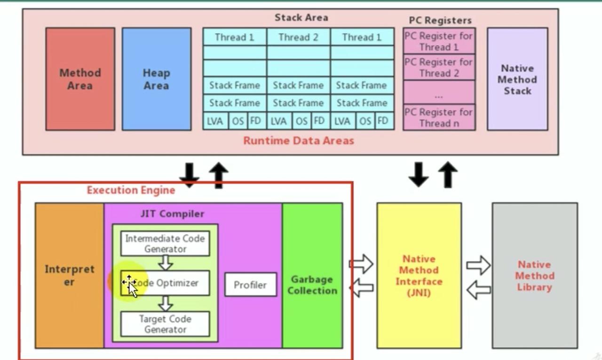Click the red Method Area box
pos(80,79)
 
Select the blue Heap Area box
pos(157,79)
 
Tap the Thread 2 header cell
pos(298,37)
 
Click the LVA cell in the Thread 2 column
pos(278,121)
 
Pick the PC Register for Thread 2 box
pos(439,67)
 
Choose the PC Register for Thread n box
pos(439,117)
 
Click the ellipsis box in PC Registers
pos(439,93)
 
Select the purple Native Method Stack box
pos(517,79)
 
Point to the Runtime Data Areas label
pos(298,141)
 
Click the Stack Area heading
pos(301,18)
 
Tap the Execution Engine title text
pos(131,190)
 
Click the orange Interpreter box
pos(69,275)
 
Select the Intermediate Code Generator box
pos(165,243)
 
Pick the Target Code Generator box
pos(165,324)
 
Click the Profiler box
pos(250,285)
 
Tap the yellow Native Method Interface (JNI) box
pos(419,275)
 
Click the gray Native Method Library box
pos(535,275)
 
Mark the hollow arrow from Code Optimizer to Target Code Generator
pos(165,304)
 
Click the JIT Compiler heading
pos(172,214)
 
